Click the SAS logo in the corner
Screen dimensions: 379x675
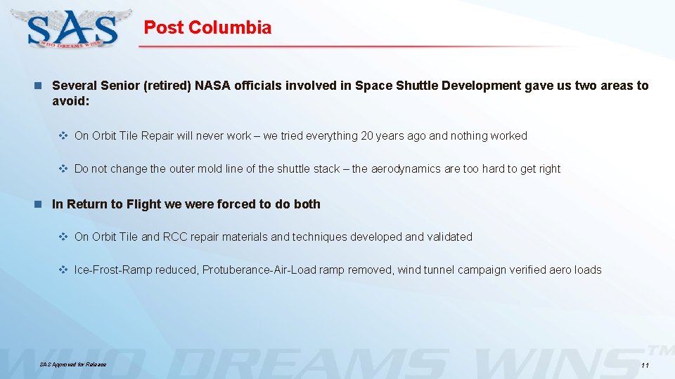click(73, 29)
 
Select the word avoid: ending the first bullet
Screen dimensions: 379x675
click(70, 101)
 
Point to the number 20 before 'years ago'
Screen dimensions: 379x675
click(367, 135)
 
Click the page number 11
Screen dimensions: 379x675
click(645, 366)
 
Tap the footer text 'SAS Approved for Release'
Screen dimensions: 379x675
click(73, 365)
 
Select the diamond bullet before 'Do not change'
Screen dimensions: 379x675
click(62, 168)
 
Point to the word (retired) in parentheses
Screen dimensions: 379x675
click(166, 86)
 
